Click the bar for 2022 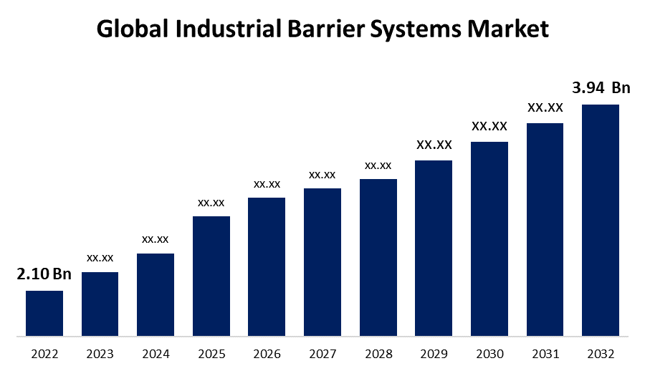(x=44, y=313)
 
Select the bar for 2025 (x=211, y=276)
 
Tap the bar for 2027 (x=322, y=262)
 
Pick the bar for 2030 (x=489, y=238)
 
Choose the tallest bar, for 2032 (x=600, y=220)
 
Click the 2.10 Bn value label (x=44, y=274)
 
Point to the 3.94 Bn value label (x=601, y=88)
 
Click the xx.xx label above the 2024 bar (x=156, y=238)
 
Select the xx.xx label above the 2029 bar (x=434, y=145)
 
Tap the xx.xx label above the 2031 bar (x=545, y=108)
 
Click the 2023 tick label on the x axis (x=100, y=354)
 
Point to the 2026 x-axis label (x=267, y=354)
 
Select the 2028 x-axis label (x=378, y=354)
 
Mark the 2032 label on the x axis (x=600, y=354)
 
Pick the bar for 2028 (x=378, y=257)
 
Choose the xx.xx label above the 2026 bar (x=267, y=184)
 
